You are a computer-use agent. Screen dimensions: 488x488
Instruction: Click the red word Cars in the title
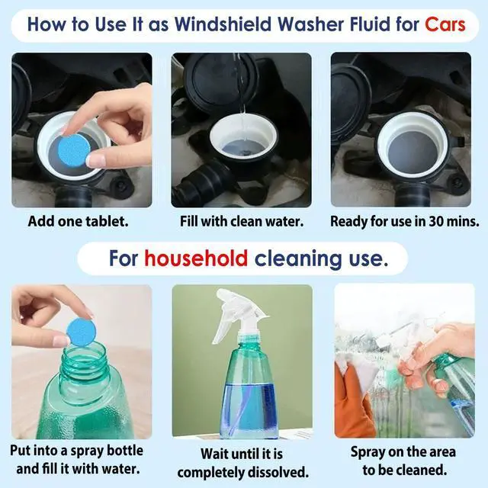pos(445,24)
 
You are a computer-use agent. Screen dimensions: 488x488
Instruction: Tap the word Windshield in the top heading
pos(223,24)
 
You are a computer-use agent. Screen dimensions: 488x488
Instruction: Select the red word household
pos(196,258)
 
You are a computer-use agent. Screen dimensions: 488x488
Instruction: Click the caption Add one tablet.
pos(78,221)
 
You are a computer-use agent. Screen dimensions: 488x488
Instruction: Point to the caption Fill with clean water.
pos(242,221)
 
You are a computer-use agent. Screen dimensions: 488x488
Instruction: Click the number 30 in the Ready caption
pos(437,221)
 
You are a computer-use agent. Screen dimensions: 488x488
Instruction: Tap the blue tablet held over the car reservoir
pos(74,150)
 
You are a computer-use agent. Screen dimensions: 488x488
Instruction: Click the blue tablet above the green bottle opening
pos(82,332)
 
